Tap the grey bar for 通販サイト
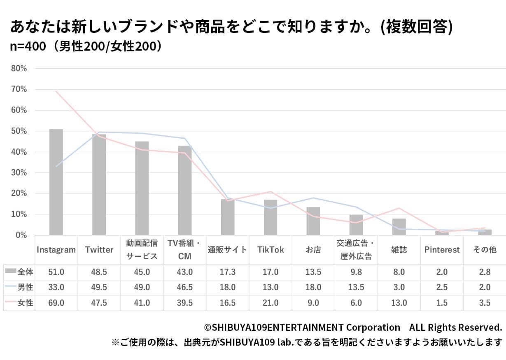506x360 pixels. click(228, 217)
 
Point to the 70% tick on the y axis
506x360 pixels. click(19, 89)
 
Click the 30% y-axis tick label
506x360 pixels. click(19, 173)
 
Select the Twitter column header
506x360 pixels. click(99, 250)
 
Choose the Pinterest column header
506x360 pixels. click(442, 250)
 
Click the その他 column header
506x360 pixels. click(485, 250)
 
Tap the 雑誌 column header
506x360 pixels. click(399, 250)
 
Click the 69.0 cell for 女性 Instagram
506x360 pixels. click(56, 303)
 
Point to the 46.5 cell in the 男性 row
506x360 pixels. click(185, 287)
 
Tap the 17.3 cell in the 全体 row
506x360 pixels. click(228, 272)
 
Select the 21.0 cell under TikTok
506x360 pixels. click(270, 303)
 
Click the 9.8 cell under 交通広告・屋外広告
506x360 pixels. click(356, 272)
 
